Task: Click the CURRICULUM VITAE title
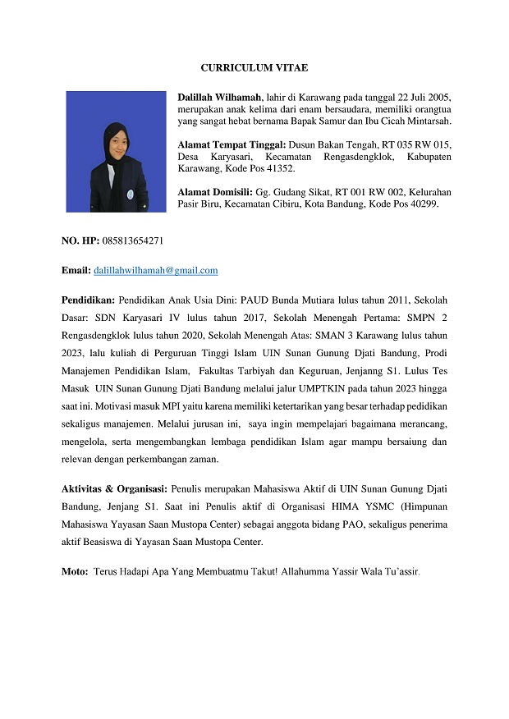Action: point(254,67)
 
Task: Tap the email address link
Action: point(156,270)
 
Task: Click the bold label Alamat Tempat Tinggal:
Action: point(230,144)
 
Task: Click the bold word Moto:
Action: point(76,570)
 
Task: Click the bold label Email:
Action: point(76,270)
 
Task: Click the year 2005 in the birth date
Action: point(440,98)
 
